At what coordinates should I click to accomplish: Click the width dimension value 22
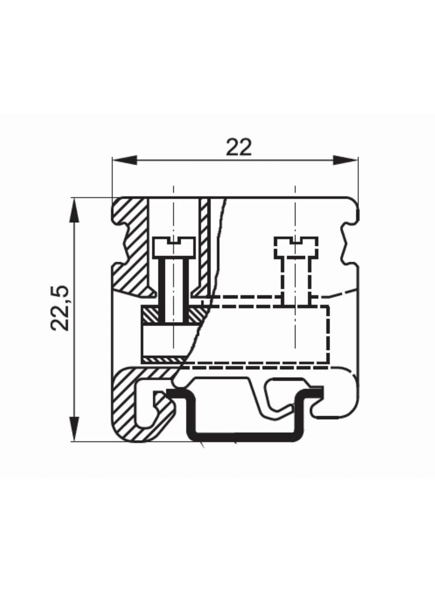click(239, 147)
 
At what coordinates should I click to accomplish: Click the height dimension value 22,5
click(60, 308)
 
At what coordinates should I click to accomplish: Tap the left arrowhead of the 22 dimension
click(124, 160)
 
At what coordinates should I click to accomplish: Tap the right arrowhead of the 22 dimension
click(345, 160)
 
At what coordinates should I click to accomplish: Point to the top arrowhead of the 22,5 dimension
click(75, 210)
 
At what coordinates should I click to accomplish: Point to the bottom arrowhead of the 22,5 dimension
click(75, 428)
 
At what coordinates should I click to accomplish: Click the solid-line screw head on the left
click(174, 247)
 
